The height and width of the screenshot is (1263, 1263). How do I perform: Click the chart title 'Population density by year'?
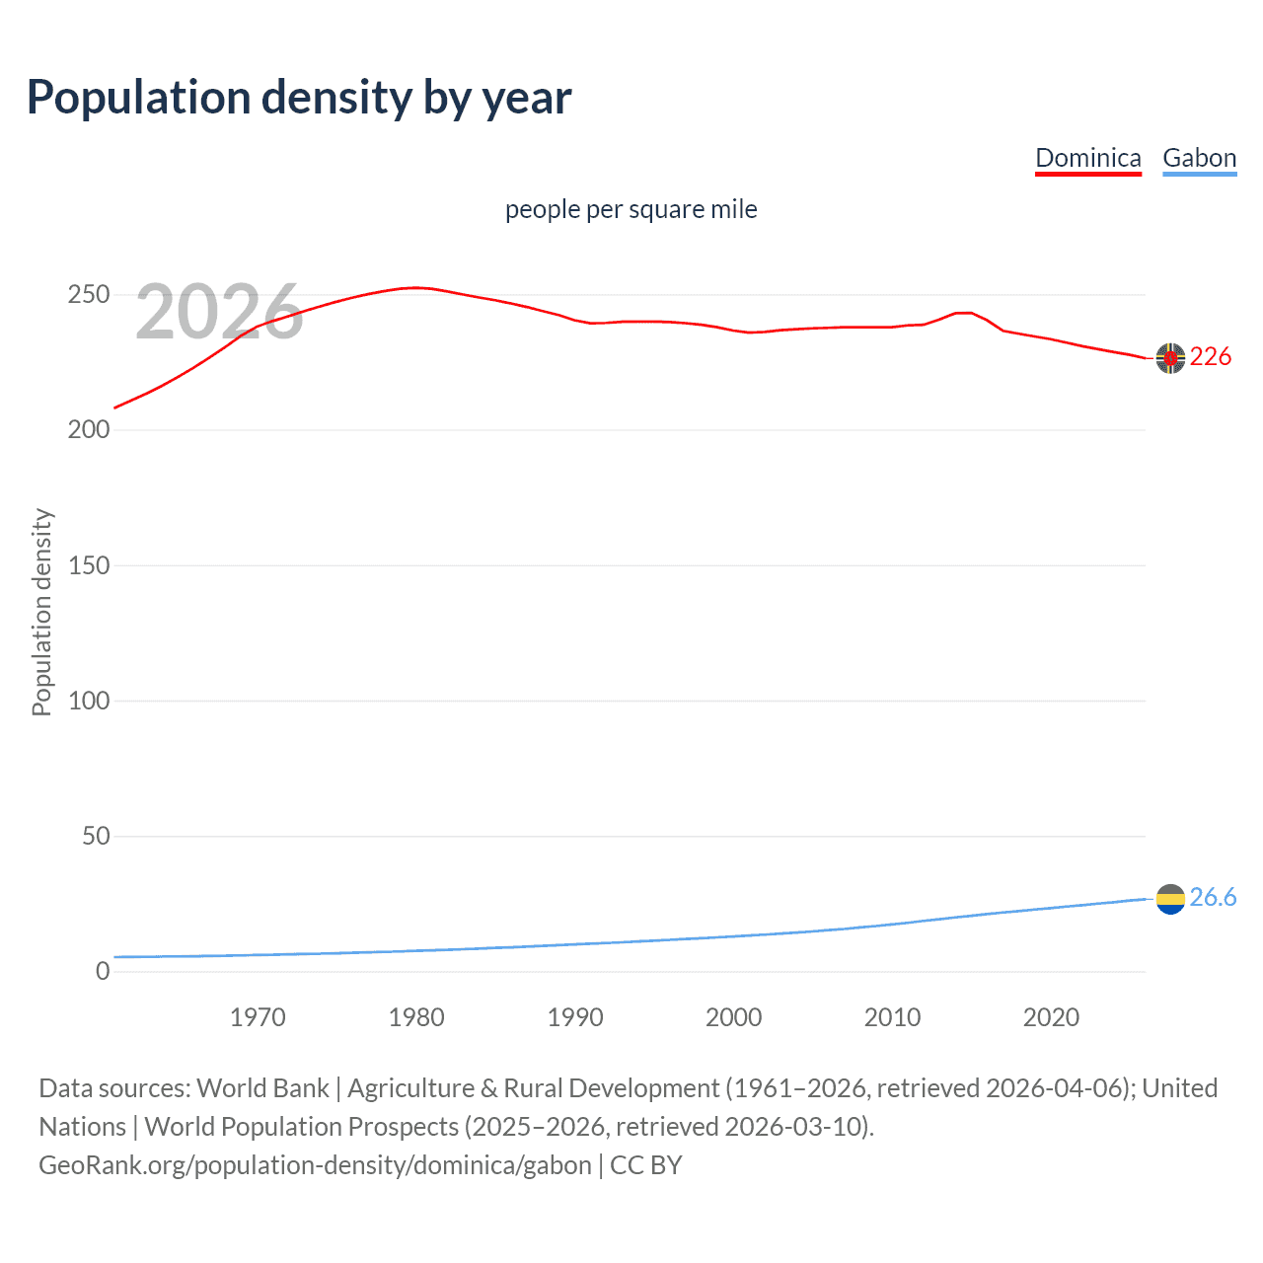point(299,98)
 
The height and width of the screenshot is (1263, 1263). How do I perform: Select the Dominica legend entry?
point(1087,158)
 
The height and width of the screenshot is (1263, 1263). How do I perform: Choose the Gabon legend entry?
point(1199,158)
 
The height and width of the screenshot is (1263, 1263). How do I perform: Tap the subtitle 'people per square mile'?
point(631,209)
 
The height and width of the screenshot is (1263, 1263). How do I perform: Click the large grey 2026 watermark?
point(219,312)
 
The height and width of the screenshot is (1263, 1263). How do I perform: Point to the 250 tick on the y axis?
point(89,295)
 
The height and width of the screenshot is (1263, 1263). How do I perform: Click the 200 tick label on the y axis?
point(89,430)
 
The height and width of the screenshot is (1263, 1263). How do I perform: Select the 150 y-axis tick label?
point(89,565)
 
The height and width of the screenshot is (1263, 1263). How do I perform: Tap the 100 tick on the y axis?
point(89,701)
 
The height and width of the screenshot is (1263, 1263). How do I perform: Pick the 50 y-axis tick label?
point(96,836)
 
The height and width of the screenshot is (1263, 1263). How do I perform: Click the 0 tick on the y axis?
point(103,971)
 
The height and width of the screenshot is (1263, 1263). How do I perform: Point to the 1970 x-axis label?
point(258,1017)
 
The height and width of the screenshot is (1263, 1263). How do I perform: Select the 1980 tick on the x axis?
point(416,1017)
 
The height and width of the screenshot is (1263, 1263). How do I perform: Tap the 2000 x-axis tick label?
point(733,1017)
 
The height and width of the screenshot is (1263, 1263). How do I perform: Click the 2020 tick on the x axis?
point(1051,1017)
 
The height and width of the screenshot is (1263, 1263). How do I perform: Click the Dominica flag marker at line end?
point(1170,358)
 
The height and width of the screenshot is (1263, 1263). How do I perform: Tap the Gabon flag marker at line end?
point(1170,899)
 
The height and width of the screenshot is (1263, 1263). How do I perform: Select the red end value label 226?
point(1211,357)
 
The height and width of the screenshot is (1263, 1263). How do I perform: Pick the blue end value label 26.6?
point(1213,897)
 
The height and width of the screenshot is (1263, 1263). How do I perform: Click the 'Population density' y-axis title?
point(41,612)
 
